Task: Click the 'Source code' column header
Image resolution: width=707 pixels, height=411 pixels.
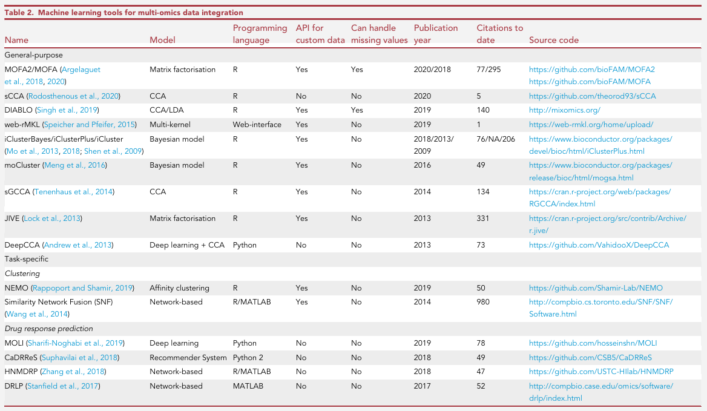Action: click(554, 40)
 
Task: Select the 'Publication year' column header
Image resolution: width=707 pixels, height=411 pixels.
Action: click(436, 34)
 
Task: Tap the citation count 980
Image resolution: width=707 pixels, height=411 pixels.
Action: click(483, 302)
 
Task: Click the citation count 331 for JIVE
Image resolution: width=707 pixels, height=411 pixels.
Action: click(483, 218)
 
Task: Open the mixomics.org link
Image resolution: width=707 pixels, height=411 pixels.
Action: click(565, 110)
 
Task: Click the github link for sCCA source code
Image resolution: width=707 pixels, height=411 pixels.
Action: click(593, 96)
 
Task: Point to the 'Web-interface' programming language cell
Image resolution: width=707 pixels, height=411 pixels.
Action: click(257, 124)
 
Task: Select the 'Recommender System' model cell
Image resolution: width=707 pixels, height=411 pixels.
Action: click(188, 357)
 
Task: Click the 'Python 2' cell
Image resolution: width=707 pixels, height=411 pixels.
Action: click(248, 357)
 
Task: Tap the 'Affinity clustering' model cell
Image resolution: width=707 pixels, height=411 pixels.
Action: click(179, 288)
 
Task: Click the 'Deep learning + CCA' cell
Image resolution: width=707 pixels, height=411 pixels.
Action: click(187, 245)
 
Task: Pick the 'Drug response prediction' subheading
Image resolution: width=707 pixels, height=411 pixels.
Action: click(48, 329)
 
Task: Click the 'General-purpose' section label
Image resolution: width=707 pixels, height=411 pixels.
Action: click(34, 55)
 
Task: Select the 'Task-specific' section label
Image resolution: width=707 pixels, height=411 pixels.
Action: click(26, 259)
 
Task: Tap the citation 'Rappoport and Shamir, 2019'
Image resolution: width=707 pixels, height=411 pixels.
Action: click(82, 288)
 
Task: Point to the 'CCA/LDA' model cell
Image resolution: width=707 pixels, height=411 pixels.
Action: click(167, 110)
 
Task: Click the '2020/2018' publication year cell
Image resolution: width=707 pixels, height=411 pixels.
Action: click(432, 70)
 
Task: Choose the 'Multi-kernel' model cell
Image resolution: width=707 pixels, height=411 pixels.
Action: click(170, 124)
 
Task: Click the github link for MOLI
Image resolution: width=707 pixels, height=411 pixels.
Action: click(593, 343)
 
